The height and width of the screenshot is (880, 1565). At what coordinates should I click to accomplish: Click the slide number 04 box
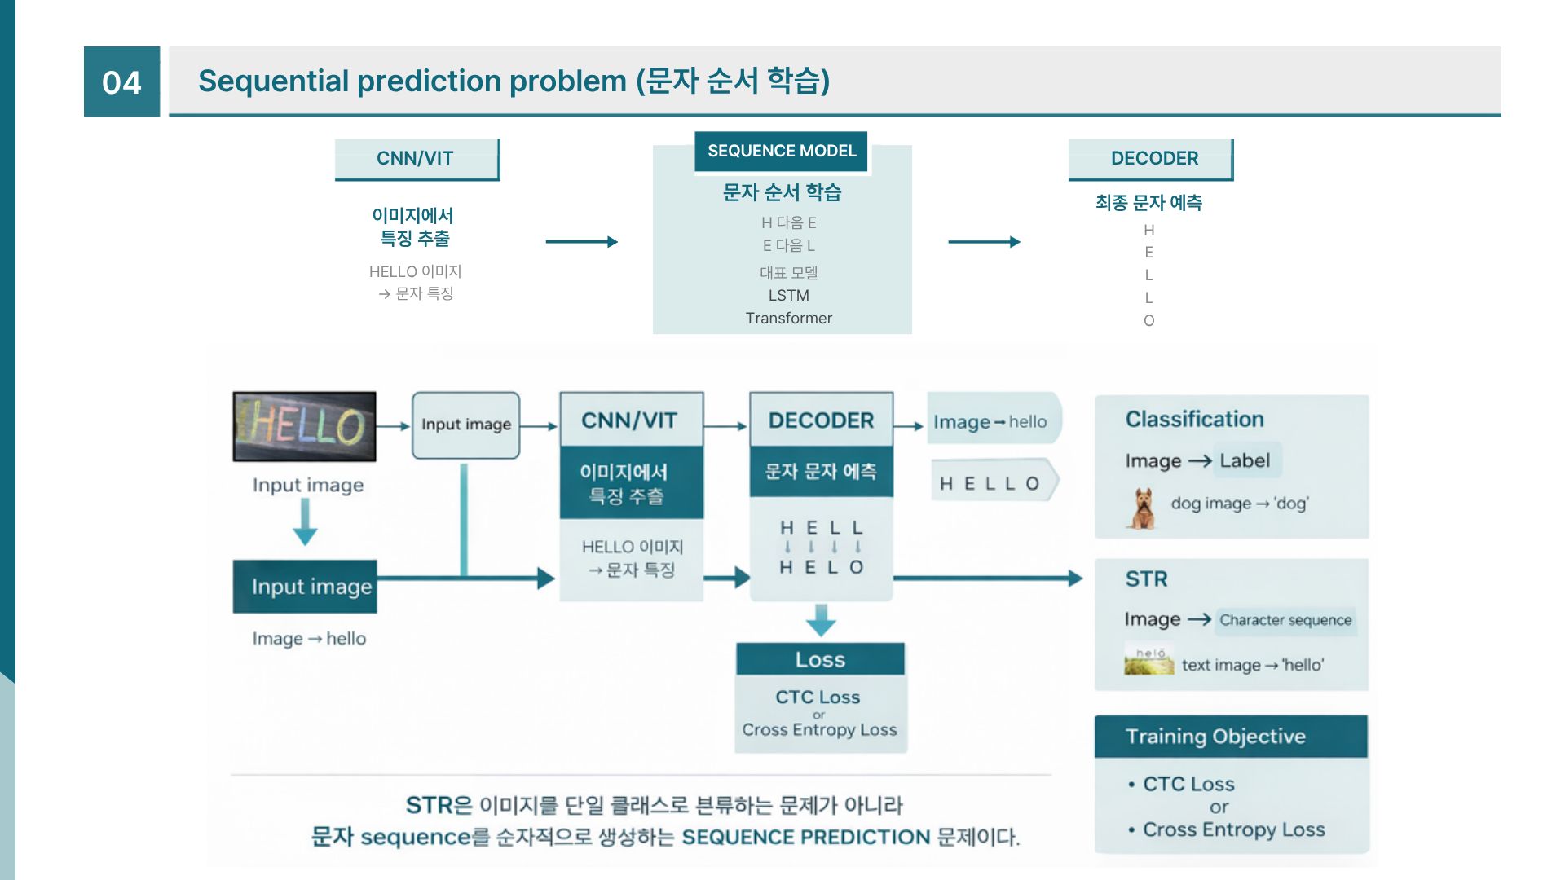pos(121,81)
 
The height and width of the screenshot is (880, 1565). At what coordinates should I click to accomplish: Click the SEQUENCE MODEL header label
pos(781,152)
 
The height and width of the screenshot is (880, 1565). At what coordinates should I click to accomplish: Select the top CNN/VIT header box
pos(416,158)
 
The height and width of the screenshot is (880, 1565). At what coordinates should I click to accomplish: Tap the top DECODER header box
pos(1153,158)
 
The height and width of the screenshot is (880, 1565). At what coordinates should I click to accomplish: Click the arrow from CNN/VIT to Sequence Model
pos(581,241)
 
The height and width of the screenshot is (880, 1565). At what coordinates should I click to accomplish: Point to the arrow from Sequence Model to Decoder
pos(984,241)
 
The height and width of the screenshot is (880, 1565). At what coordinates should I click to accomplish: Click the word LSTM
pos(788,295)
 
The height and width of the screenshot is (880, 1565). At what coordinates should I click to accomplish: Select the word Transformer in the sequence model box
pos(788,319)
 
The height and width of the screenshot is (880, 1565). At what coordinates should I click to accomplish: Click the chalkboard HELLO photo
pos(304,426)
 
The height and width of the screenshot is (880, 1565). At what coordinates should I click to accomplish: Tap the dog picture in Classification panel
pos(1143,508)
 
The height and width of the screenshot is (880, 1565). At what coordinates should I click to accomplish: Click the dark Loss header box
pos(820,659)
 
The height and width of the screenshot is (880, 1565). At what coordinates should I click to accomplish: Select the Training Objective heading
pos(1215,737)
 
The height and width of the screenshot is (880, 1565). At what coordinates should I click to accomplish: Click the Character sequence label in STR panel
pos(1285,620)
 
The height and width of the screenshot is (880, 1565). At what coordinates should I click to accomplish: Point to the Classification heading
pos(1194,419)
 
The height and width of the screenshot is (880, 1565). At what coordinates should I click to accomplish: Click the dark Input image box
pos(305,587)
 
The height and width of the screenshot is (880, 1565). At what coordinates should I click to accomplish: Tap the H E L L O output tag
pos(991,483)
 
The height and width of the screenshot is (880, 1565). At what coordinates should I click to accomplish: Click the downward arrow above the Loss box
pos(821,620)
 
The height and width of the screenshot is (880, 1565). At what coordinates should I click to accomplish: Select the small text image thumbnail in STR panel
pos(1148,661)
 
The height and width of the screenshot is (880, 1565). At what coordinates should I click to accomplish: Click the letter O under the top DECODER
pos(1148,321)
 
